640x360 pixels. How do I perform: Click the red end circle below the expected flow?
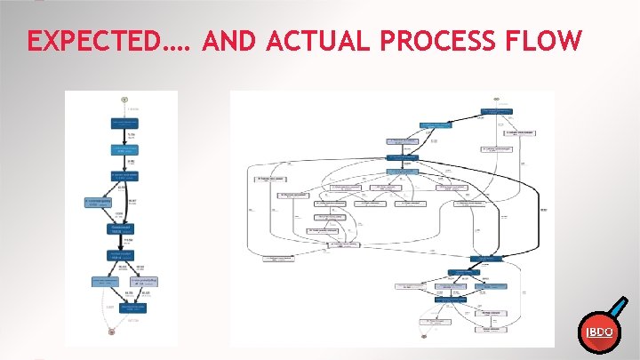point(112,332)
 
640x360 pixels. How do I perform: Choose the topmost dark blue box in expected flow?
point(125,121)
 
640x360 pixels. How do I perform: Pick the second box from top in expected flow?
point(125,148)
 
